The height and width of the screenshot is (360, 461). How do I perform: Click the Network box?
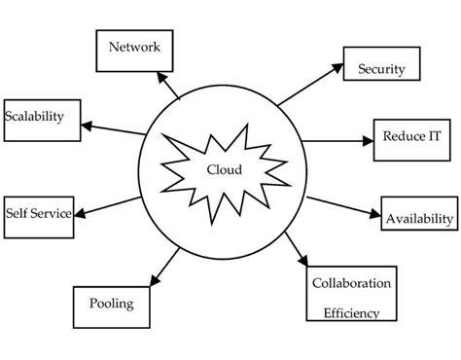[x=134, y=47]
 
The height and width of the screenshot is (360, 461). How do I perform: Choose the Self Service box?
[x=37, y=211]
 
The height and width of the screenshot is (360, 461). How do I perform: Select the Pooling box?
[x=112, y=305]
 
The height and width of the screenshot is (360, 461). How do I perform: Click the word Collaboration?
[x=351, y=283]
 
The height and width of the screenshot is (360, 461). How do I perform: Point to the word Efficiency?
[x=351, y=313]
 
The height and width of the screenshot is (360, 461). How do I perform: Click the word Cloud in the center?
[x=224, y=169]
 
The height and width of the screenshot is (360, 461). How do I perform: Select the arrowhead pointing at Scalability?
[x=87, y=125]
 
